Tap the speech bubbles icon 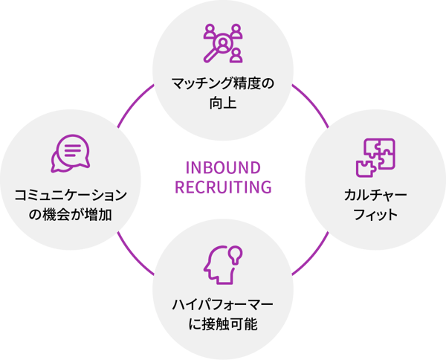pyautogui.click(x=69, y=152)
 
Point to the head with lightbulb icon pyautogui.click(x=222, y=263)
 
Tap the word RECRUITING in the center pyautogui.click(x=223, y=185)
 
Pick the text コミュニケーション pyautogui.click(x=70, y=196)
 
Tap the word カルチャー pyautogui.click(x=375, y=196)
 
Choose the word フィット pyautogui.click(x=375, y=216)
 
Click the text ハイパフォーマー pyautogui.click(x=223, y=304)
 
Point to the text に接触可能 pyautogui.click(x=223, y=324)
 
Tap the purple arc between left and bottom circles pyautogui.click(x=134, y=257)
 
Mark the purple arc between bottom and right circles pyautogui.click(x=312, y=257)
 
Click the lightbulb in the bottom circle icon pyautogui.click(x=236, y=253)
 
